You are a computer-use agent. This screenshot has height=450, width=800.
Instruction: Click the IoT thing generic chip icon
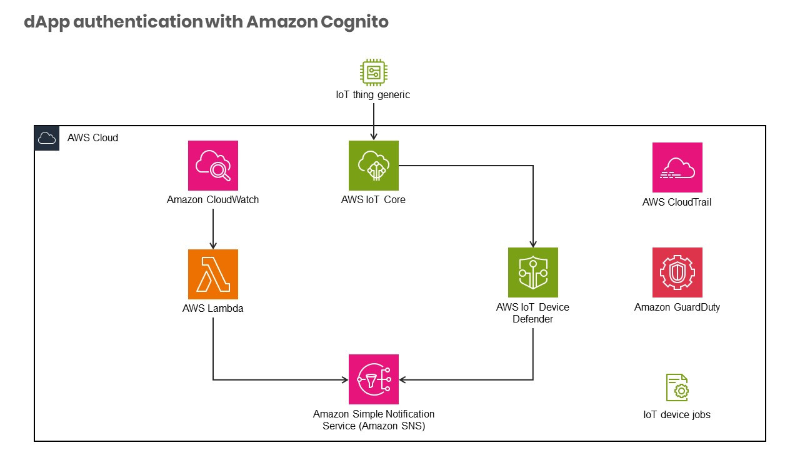click(373, 72)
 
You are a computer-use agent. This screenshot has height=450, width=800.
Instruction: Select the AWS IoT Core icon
click(373, 166)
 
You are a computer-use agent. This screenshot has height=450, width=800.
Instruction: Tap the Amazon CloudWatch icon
click(212, 166)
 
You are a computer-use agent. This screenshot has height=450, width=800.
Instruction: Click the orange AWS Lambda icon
click(212, 274)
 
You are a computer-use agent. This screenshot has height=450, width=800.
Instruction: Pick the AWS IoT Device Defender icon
click(532, 272)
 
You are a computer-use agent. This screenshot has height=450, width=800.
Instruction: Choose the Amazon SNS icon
click(373, 379)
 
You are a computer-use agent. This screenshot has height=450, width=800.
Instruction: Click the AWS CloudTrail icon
click(677, 167)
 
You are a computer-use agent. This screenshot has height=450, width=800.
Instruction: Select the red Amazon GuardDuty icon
click(677, 272)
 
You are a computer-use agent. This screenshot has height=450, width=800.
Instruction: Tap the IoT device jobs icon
click(677, 387)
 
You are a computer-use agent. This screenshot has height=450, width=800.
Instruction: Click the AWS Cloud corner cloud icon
click(47, 138)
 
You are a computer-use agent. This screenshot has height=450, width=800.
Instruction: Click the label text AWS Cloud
click(92, 138)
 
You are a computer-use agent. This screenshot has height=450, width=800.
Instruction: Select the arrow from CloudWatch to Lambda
click(212, 228)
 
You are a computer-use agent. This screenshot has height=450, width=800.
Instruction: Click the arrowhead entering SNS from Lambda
click(344, 379)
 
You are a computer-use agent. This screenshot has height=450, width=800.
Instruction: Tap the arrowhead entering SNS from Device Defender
click(403, 379)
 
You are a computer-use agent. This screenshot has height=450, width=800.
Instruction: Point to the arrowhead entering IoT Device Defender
click(532, 244)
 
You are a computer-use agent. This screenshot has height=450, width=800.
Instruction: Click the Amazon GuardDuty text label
click(677, 307)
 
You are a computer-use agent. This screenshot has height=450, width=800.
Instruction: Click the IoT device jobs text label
click(677, 415)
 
